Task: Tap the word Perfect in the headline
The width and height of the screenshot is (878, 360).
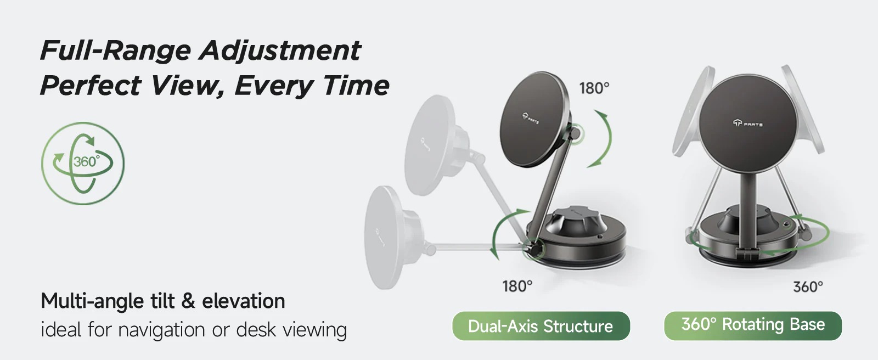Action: [x=91, y=86]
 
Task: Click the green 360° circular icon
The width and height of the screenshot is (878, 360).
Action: [x=83, y=163]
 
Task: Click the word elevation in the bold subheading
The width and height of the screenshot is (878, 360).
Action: [x=244, y=301]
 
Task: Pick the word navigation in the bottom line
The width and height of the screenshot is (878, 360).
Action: [x=161, y=330]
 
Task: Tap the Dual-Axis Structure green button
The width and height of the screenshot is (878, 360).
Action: [x=541, y=326]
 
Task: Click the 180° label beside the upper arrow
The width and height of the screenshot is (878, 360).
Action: [x=594, y=88]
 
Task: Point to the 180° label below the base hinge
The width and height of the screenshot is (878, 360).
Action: [x=517, y=286]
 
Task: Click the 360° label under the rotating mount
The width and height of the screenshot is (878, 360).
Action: [x=808, y=286]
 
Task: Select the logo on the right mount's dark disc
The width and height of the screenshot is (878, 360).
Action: [x=747, y=123]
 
